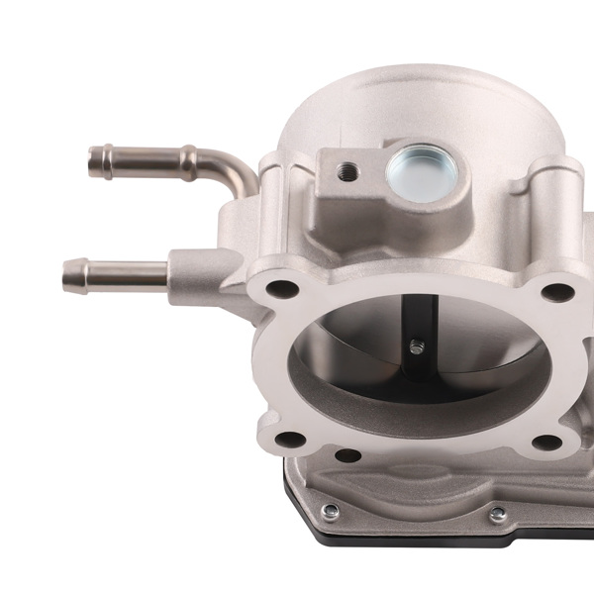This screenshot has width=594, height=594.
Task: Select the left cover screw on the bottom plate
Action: coord(331,511)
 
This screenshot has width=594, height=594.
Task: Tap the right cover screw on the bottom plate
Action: coord(497,513)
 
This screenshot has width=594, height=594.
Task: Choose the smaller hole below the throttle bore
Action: coord(347,456)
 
